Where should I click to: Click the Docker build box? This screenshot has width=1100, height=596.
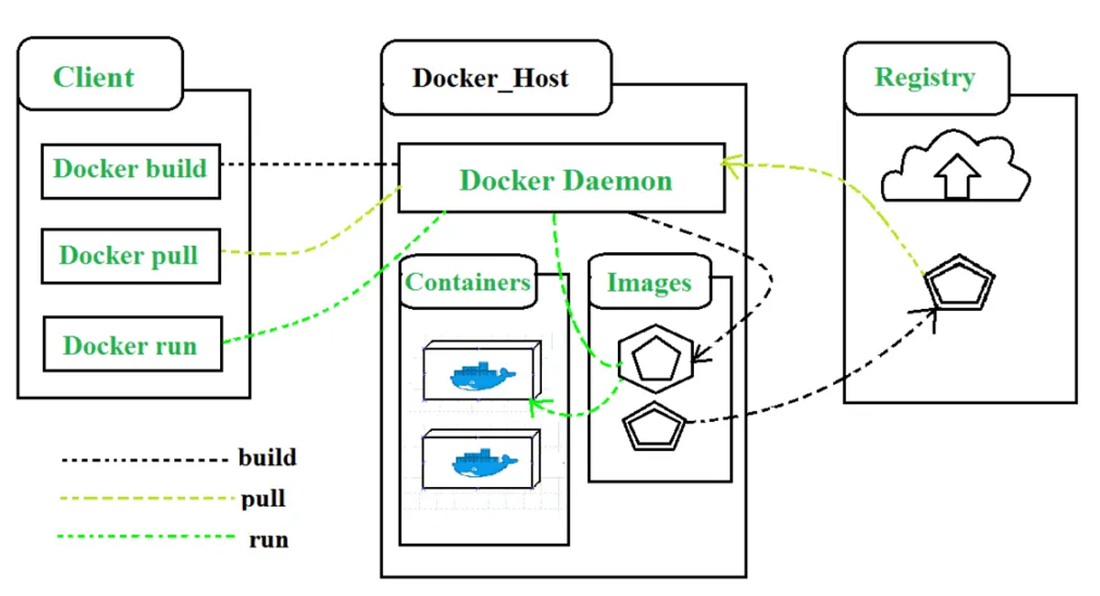coord(130,171)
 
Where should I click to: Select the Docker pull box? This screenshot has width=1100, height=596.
coord(130,256)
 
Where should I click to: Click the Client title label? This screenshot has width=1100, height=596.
coord(93,77)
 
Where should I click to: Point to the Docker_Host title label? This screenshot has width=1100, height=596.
coord(490,78)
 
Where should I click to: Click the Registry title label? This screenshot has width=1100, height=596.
coord(924,77)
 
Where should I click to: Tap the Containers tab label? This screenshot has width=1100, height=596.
coord(467,282)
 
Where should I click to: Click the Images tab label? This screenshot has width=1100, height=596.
coord(648,283)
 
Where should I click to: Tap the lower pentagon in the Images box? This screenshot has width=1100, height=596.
coord(654,425)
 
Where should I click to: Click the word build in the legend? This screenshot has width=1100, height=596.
coord(267,457)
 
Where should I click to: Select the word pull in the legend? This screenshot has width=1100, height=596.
coord(263,500)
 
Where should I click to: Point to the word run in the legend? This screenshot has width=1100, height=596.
coord(269,539)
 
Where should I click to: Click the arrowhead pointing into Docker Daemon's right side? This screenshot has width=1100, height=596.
coord(729,163)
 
